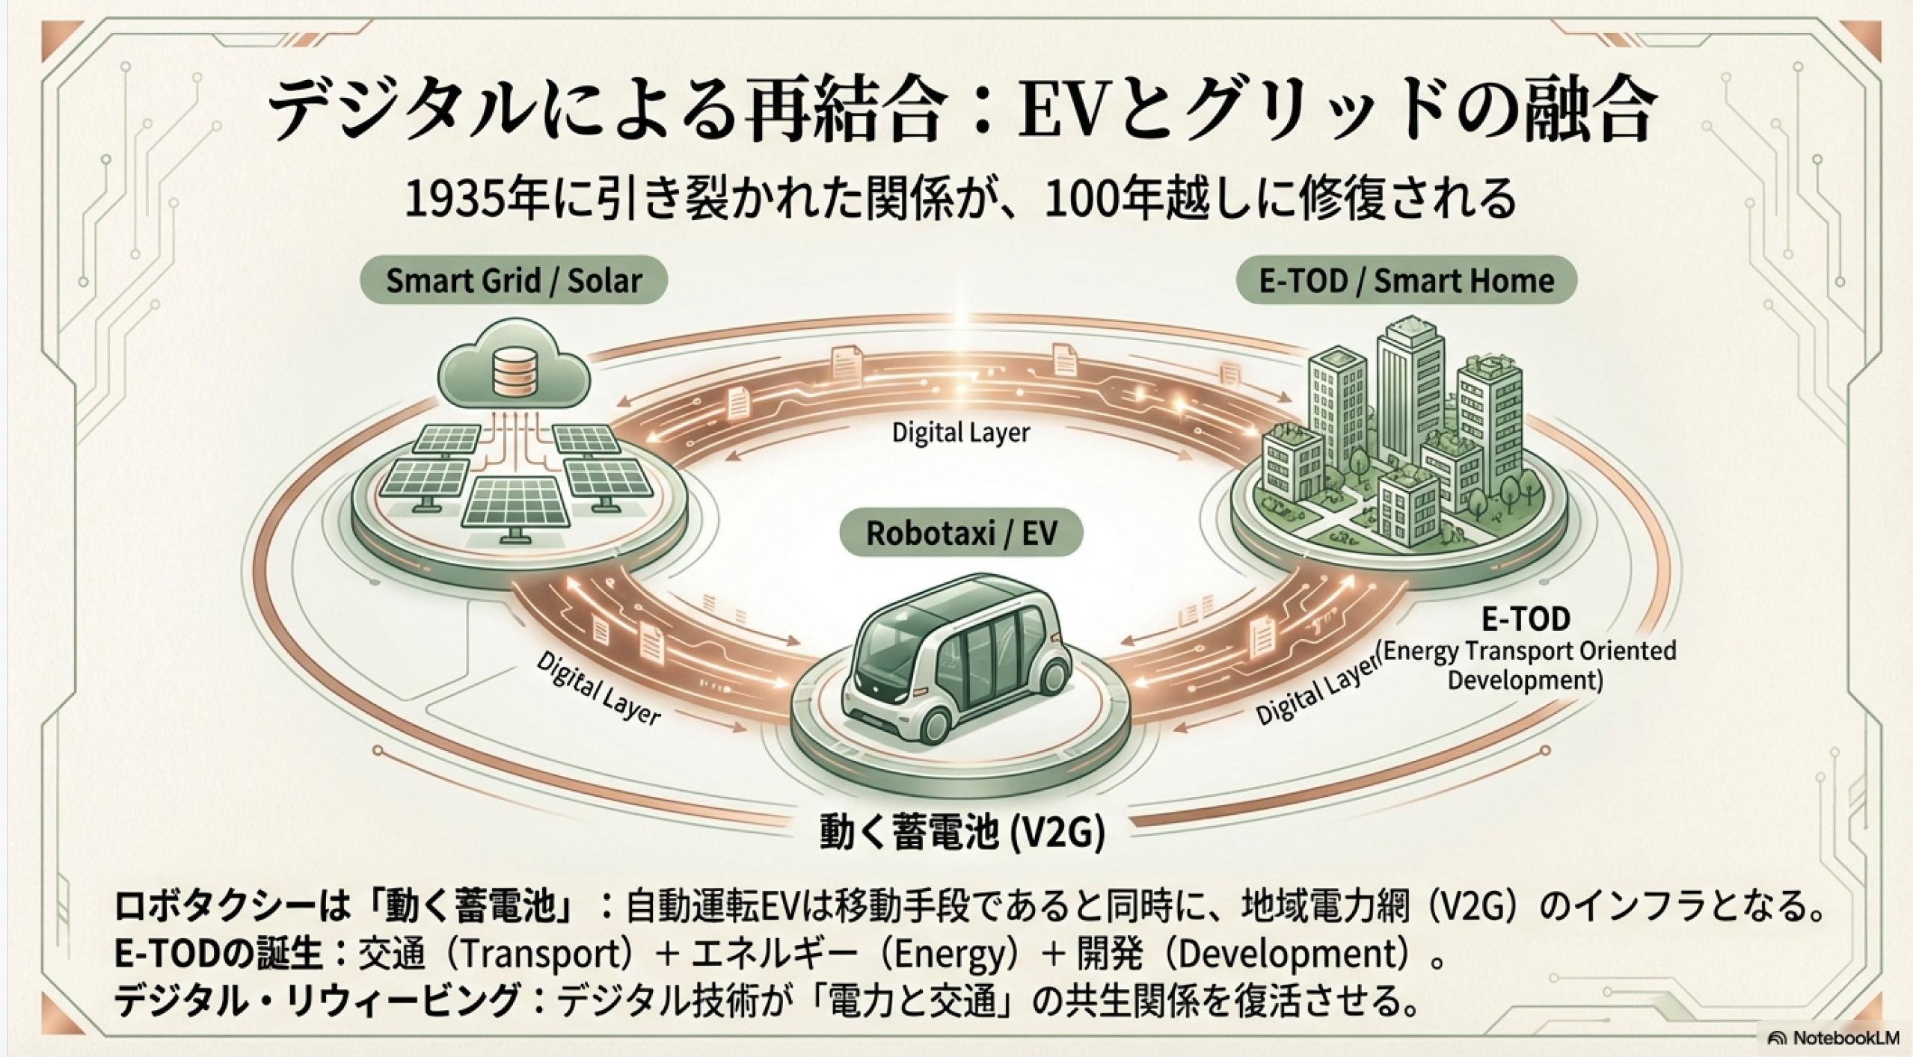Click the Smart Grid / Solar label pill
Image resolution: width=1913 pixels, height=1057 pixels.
514,281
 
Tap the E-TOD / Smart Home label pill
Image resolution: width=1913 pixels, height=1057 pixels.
1406,281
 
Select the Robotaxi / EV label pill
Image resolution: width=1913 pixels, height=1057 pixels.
961,533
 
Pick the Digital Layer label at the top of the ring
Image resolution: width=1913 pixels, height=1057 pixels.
961,433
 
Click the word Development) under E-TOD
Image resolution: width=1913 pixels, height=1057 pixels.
1526,681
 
